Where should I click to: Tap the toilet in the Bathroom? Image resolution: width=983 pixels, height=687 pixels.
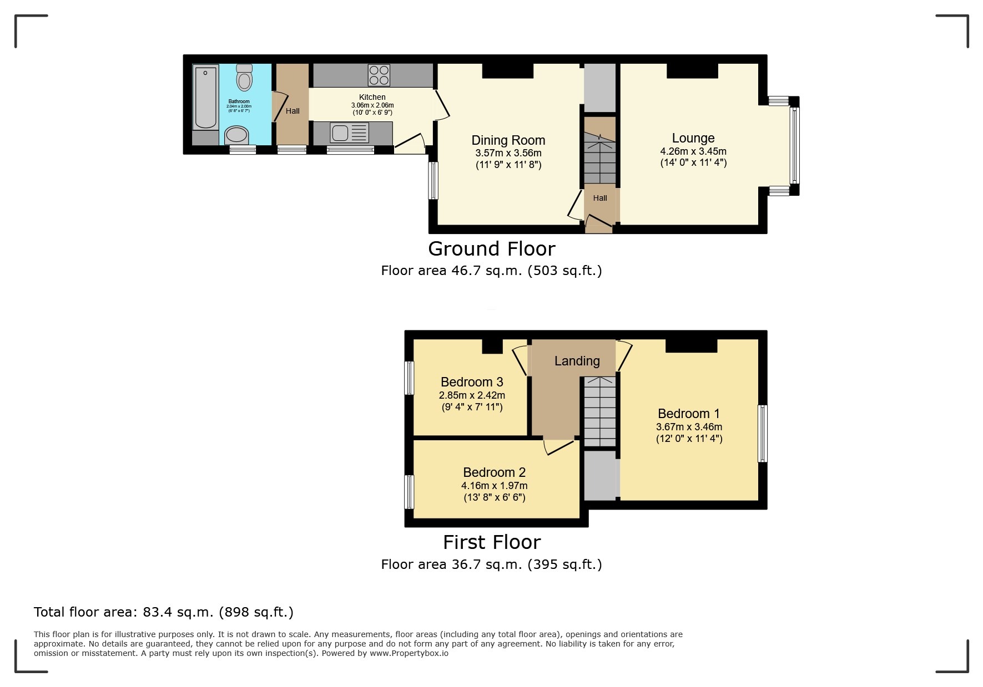click(244, 78)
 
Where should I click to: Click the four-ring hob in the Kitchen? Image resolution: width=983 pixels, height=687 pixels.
click(379, 75)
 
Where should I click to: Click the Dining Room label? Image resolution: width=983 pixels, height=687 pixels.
click(508, 140)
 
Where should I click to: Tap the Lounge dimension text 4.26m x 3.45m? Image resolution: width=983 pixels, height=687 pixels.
click(693, 151)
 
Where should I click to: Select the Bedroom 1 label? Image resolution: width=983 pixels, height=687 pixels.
click(688, 414)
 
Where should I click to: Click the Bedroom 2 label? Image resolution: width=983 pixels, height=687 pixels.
click(494, 472)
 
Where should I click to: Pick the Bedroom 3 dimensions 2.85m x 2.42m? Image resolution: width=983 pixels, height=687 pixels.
click(472, 395)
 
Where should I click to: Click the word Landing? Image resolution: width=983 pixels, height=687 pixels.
click(577, 361)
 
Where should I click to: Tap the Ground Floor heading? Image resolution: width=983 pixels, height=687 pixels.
click(491, 249)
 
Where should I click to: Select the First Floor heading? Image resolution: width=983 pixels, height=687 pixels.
click(491, 542)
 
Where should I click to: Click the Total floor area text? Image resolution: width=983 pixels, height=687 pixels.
click(163, 612)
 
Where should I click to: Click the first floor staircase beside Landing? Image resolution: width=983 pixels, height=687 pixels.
click(599, 411)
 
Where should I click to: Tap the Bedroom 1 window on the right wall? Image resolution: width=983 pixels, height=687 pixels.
click(763, 434)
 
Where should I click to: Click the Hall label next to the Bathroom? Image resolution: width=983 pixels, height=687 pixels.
click(293, 111)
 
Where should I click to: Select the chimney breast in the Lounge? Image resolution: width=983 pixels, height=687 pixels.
click(692, 71)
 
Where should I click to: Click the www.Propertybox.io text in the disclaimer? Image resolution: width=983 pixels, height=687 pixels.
click(409, 653)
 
